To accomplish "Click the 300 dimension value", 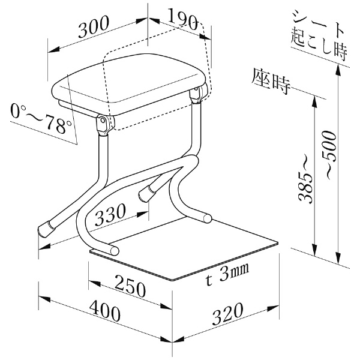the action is (x=93, y=27).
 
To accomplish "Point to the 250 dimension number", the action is (x=130, y=286).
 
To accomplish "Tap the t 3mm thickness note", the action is (x=227, y=274).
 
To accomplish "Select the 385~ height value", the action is (x=306, y=188).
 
